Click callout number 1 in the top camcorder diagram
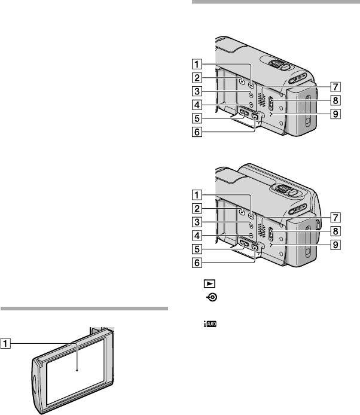pos(197,64)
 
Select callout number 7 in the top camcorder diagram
pos(335,87)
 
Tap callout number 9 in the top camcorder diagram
pos(335,114)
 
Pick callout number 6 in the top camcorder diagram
pos(197,132)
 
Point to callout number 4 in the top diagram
pos(197,105)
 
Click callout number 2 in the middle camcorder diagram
pos(197,209)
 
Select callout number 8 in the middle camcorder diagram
pos(335,231)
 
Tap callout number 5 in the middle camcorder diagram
pos(197,249)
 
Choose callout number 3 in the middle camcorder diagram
pos(197,222)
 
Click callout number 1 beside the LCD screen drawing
pos(5,344)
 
